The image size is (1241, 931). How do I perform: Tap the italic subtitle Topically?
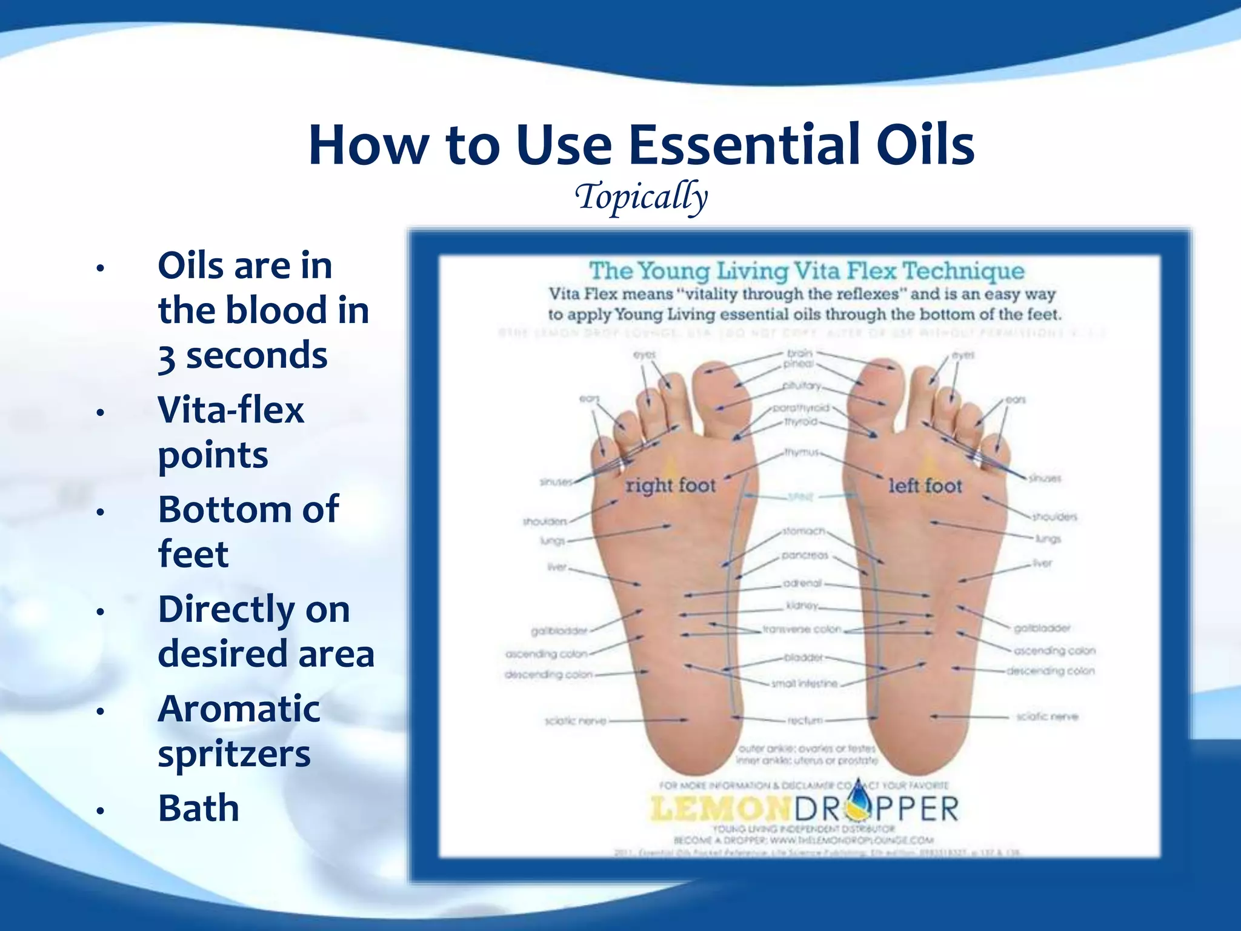[x=641, y=197]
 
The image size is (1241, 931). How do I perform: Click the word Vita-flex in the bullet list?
[x=231, y=410]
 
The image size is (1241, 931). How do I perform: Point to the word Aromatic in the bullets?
[x=239, y=709]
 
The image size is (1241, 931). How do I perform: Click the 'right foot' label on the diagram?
[x=670, y=486]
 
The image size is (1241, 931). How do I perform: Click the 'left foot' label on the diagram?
[x=925, y=486]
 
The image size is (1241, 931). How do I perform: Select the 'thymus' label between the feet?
[x=802, y=452]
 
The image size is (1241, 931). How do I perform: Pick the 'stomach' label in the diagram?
[x=803, y=531]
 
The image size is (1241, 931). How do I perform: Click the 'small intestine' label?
[x=804, y=684]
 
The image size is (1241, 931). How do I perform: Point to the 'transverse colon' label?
[x=802, y=629]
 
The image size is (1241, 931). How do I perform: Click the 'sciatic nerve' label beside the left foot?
[x=1047, y=716]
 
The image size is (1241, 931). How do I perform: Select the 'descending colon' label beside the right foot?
[x=548, y=675]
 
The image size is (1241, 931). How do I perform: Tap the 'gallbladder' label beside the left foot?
[x=1042, y=628]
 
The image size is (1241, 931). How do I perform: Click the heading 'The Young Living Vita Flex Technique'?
[x=807, y=271]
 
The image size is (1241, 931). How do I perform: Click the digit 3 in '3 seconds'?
[x=167, y=358]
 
